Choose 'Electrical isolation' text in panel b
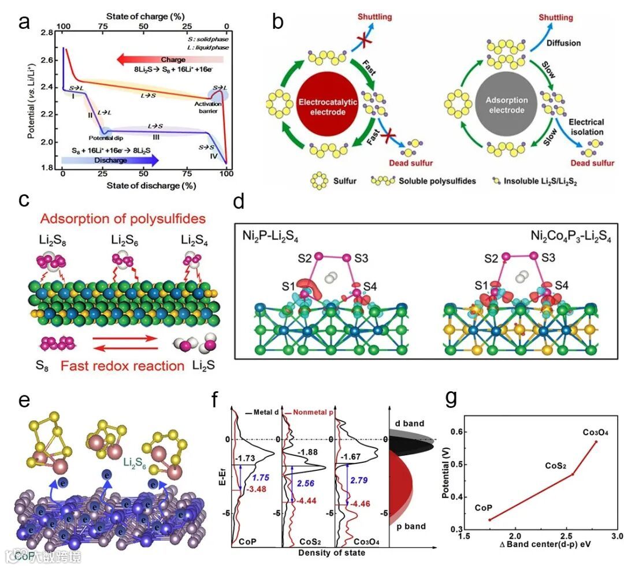coord(586,127)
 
